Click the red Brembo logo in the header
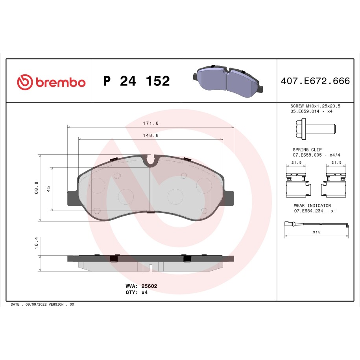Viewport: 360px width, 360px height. click(x=51, y=82)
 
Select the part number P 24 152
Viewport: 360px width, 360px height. click(x=137, y=81)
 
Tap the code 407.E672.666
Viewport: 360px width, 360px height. click(x=315, y=81)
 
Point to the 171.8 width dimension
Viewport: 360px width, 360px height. click(x=151, y=123)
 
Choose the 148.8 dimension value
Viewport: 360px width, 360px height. click(x=151, y=135)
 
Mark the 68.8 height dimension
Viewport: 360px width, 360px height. click(x=37, y=188)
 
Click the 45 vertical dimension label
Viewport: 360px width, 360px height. click(x=48, y=189)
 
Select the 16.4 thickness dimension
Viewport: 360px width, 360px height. click(x=36, y=243)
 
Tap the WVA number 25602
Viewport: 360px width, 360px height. click(x=149, y=286)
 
